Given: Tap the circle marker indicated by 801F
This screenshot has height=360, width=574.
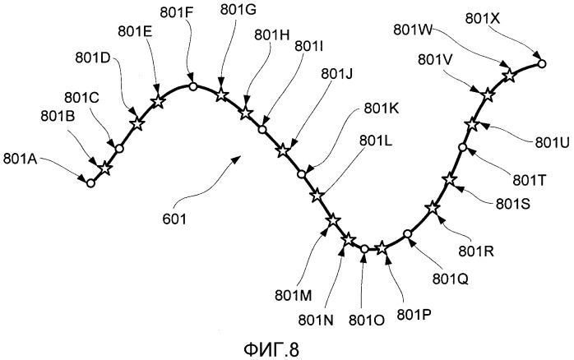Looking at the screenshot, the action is tap(193, 86).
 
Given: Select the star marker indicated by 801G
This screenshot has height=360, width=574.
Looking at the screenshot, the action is tap(220, 95).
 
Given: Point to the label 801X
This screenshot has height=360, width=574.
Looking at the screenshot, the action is tap(483, 18).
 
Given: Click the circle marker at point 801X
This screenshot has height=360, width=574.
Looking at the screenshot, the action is tap(542, 63).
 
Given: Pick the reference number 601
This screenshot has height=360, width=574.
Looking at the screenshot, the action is tap(174, 219).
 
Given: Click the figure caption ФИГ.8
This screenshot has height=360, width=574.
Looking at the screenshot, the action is tap(271, 349).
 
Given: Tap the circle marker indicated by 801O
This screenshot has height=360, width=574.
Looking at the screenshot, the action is tap(364, 249).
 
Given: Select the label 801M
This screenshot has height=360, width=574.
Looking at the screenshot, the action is tap(294, 296).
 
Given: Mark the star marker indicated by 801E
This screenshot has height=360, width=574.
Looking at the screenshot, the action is tap(157, 101).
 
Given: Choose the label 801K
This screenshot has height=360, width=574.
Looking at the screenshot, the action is tap(382, 108).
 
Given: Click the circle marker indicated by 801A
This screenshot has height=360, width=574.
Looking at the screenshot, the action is tap(90, 183).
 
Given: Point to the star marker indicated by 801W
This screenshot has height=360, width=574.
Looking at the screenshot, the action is tap(509, 76).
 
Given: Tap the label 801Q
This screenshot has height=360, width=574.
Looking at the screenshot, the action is tap(451, 279).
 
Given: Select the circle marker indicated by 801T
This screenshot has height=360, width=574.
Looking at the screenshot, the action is tap(462, 147).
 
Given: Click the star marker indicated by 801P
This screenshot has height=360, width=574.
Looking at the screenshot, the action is tap(382, 248).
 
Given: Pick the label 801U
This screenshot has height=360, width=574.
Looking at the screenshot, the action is tap(553, 143).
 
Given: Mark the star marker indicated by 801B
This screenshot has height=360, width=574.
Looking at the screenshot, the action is tap(105, 168).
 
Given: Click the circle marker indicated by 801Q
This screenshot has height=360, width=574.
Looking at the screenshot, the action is tap(407, 233).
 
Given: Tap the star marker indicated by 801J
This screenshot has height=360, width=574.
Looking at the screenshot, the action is tap(282, 150).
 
